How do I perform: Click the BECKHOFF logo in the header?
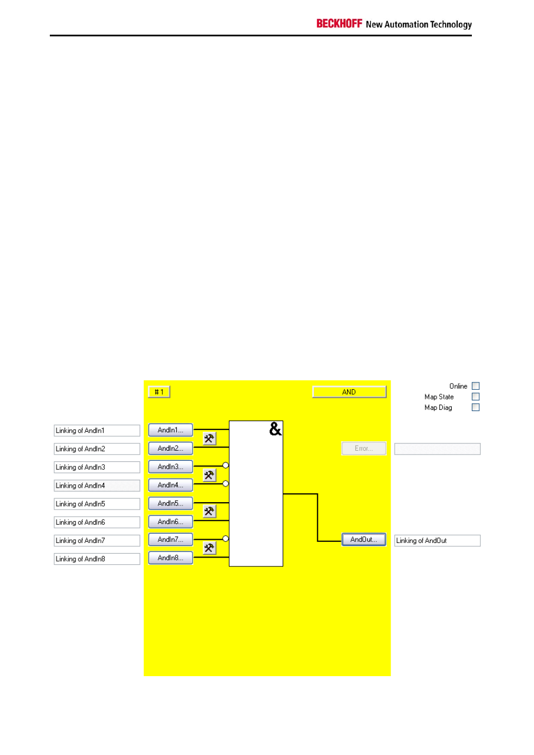coord(339,23)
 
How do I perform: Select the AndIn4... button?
coord(170,485)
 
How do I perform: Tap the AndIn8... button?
coord(170,558)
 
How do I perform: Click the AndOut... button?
coord(363,539)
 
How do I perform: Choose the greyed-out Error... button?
coord(363,449)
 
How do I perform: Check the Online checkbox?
coord(476,386)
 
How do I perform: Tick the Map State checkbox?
coord(476,397)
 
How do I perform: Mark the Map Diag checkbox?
coord(476,407)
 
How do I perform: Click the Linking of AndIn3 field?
coord(97,467)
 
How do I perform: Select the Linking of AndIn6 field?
coord(97,522)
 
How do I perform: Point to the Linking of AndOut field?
coord(437,540)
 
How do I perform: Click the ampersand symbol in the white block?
coord(275,429)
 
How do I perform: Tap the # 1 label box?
coord(159,392)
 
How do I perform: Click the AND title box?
coord(349,392)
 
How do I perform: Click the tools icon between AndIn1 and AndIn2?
coord(209,438)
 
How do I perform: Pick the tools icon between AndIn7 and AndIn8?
coord(209,548)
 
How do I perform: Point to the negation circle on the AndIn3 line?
coord(226,465)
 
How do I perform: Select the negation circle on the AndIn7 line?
coord(226,539)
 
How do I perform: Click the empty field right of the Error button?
coord(437,449)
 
